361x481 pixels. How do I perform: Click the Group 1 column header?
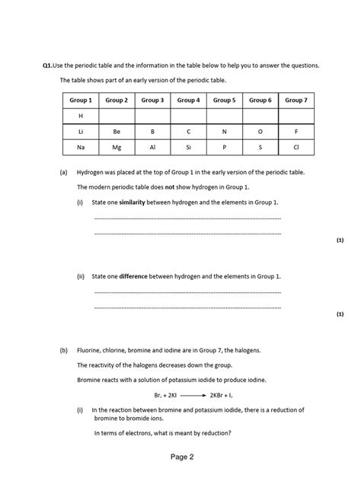pos(80,100)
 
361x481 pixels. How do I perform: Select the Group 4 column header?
pos(188,100)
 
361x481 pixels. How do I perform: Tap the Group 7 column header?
pos(296,100)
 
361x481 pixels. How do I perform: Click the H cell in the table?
pos(80,116)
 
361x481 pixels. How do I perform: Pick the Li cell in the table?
pos(80,132)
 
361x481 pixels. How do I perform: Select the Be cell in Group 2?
pos(117,132)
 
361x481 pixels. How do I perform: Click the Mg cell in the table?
pos(117,148)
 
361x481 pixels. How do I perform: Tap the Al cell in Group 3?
pos(152,148)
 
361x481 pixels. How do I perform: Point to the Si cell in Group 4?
pos(188,148)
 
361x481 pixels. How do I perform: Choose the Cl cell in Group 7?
pos(296,148)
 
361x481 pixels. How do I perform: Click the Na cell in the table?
pos(80,148)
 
